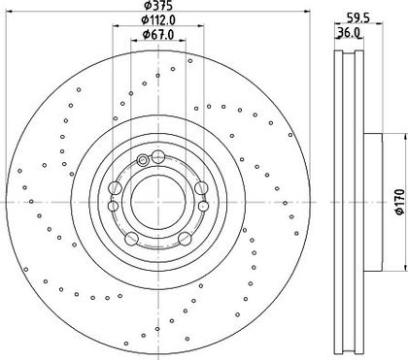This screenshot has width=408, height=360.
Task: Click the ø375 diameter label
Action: (158, 5)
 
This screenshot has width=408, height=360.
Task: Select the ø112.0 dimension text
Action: (158, 20)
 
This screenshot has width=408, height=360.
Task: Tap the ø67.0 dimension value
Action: (158, 34)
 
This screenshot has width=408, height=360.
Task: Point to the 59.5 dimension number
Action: (358, 18)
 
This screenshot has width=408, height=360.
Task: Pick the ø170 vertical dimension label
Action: (400, 202)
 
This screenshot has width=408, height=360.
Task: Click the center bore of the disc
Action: (158, 202)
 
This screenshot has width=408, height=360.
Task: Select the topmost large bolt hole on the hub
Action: (158, 157)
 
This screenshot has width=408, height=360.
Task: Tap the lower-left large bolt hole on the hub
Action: (131, 239)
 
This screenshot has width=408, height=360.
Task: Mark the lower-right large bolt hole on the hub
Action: (185, 239)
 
